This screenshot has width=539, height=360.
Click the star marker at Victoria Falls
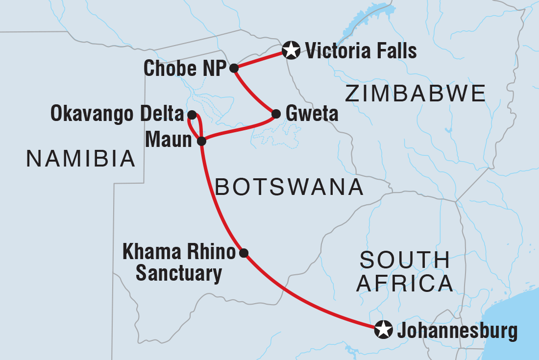click(x=291, y=49)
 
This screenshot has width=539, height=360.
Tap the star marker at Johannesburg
click(x=382, y=330)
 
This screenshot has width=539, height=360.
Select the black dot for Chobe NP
click(x=234, y=68)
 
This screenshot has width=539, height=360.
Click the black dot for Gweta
click(x=276, y=114)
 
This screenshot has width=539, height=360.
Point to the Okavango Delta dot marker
click(x=192, y=115)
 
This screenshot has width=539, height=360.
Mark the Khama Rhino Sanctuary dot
click(x=244, y=253)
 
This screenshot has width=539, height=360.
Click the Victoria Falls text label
click(x=361, y=50)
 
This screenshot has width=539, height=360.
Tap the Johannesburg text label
click(x=457, y=332)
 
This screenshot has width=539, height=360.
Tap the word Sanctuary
click(x=179, y=274)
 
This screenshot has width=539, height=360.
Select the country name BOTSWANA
click(x=289, y=188)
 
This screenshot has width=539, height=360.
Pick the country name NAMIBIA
click(x=81, y=159)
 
